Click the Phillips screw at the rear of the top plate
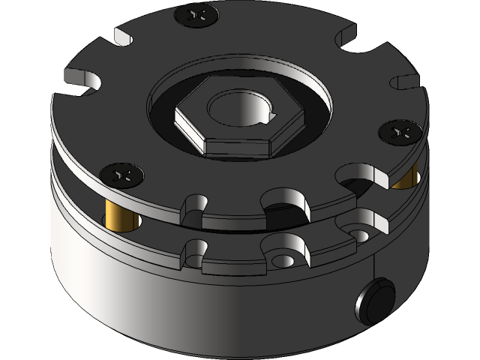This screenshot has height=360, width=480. [x=196, y=13]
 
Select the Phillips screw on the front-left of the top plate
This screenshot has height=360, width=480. [x=122, y=175]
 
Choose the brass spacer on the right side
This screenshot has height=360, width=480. [x=406, y=178]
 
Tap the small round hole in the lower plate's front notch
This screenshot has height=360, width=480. [x=286, y=259]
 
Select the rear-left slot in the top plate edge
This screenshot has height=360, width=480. [x=124, y=37]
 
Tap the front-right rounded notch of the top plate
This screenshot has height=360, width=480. [x=358, y=178]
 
